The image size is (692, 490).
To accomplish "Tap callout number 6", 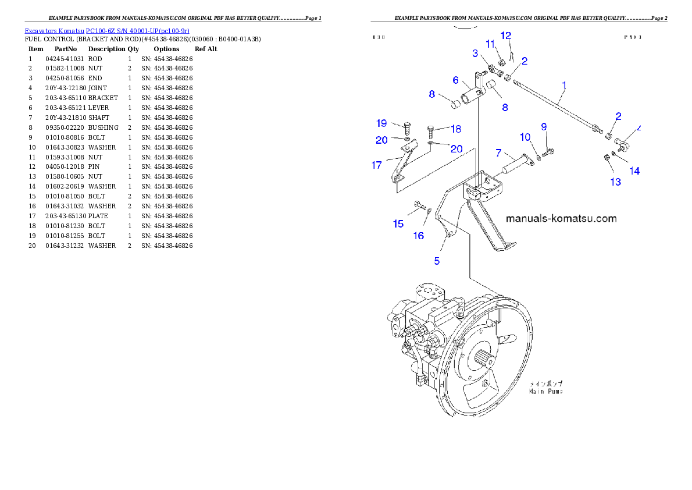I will pyautogui.click(x=456, y=80).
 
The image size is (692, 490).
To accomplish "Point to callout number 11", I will pyautogui.click(x=490, y=44).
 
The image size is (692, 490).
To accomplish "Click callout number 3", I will pyautogui.click(x=475, y=54).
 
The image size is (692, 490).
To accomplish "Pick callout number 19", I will pyautogui.click(x=381, y=123).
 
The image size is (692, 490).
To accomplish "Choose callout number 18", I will pyautogui.click(x=456, y=129).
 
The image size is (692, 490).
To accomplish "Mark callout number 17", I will pyautogui.click(x=377, y=165).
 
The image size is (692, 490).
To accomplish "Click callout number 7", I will pyautogui.click(x=498, y=153).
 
